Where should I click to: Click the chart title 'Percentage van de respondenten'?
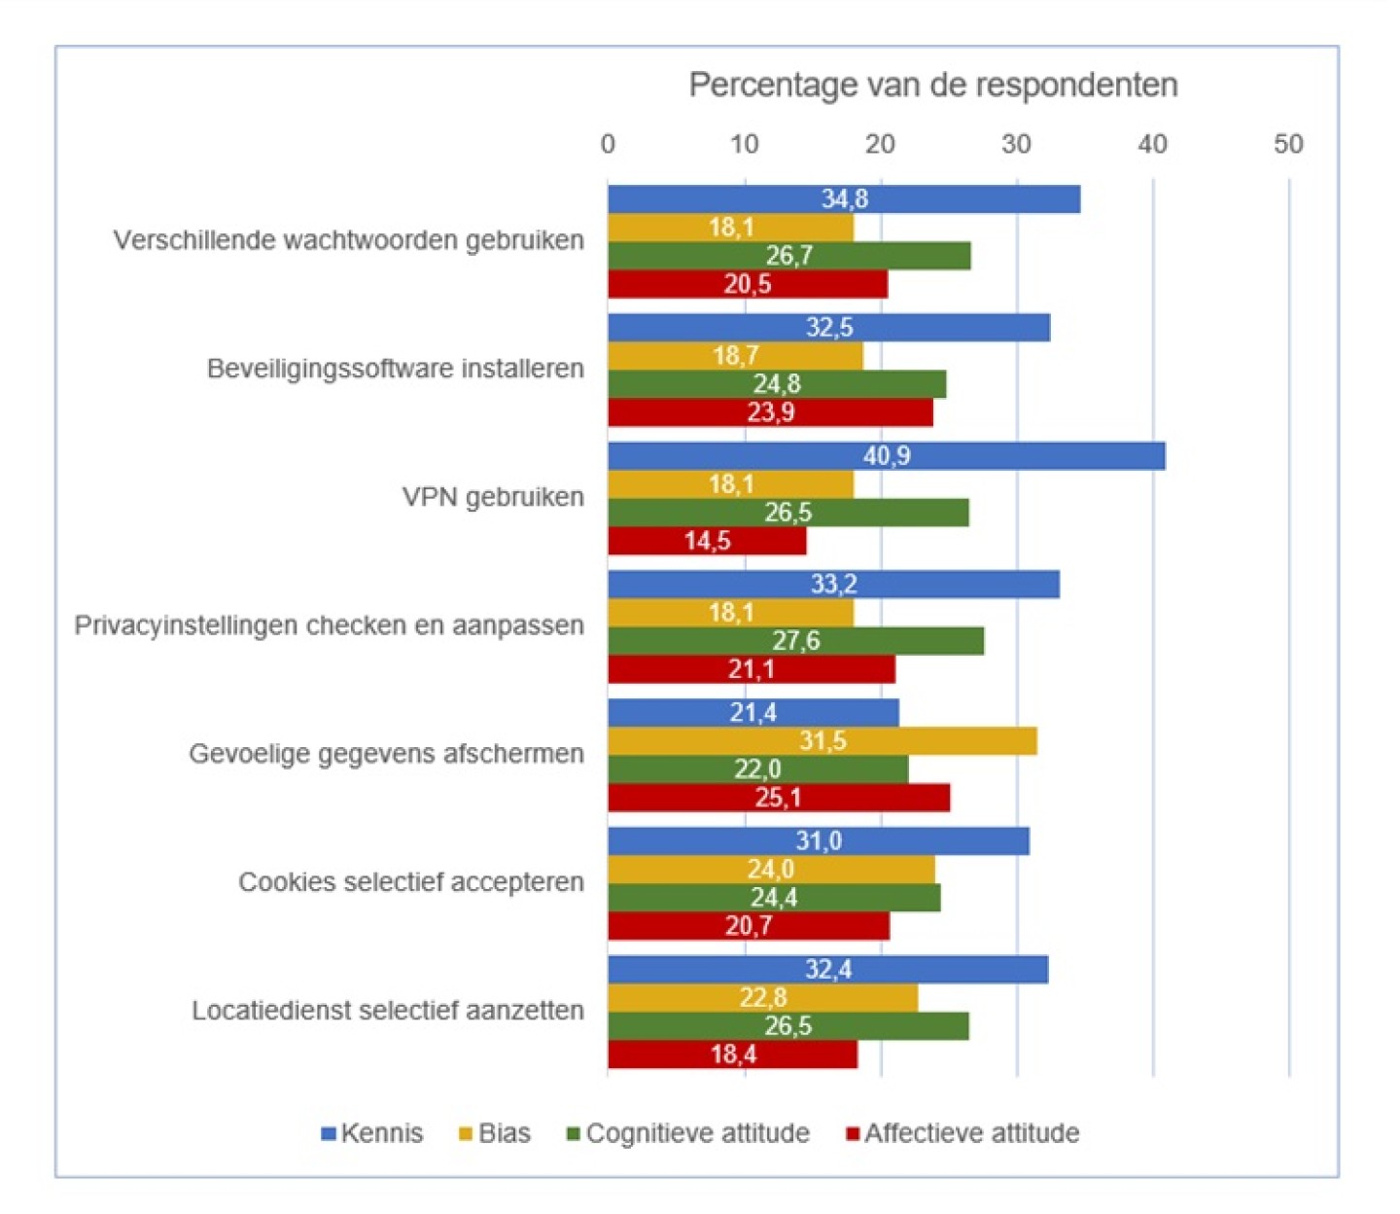point(932,86)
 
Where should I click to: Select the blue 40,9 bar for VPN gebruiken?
point(886,456)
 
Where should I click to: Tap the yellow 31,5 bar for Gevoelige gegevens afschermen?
point(822,741)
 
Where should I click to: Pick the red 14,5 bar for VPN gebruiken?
point(707,541)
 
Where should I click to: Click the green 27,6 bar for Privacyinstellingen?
point(795,641)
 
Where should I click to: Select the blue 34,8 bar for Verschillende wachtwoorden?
point(844,199)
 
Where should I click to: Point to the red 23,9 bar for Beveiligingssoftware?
point(770,412)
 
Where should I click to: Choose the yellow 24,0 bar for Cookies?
point(771,870)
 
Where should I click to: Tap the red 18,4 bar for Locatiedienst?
point(732,1054)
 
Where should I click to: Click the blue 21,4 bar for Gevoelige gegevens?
point(752,713)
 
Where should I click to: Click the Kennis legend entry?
point(372,1133)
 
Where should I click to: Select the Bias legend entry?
point(495,1133)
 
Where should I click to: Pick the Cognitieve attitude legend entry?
point(688,1133)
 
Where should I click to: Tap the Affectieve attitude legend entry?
point(962,1133)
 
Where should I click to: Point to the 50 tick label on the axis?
point(1288,144)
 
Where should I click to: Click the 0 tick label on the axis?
point(608,144)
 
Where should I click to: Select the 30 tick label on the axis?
point(1016,144)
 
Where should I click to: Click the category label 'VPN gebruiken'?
point(493,497)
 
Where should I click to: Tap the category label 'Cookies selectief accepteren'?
point(411,882)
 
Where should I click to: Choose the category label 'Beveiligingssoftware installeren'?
point(396,369)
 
